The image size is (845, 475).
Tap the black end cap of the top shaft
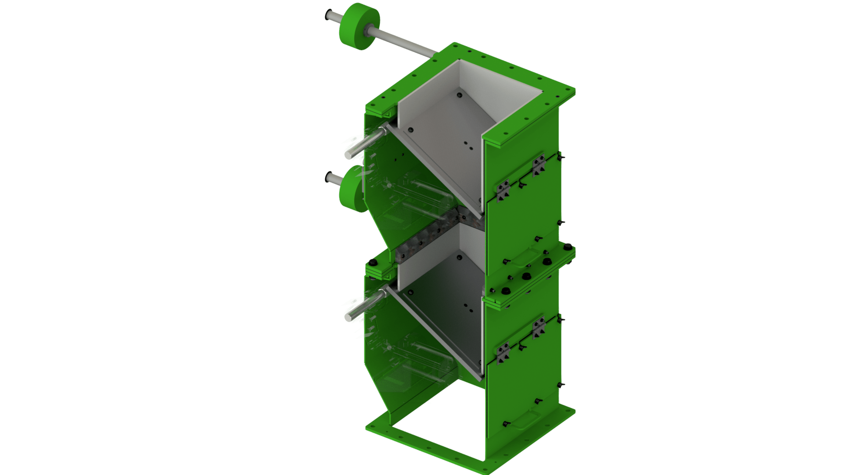click(x=327, y=15)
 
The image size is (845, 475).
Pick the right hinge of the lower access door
click(x=539, y=328)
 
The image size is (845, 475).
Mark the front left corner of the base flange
click(x=368, y=427)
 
